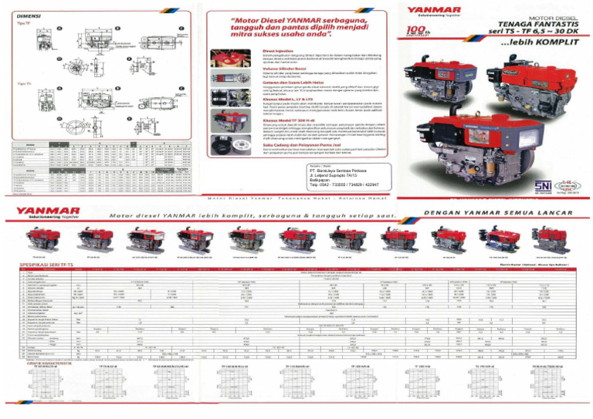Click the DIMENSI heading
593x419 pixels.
click(24, 13)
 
